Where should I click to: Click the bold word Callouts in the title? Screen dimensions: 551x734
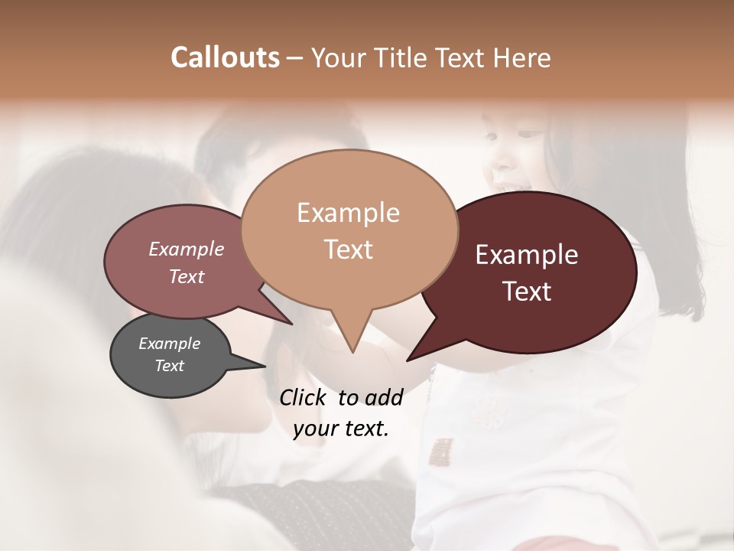[x=225, y=57]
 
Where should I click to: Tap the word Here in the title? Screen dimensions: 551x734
[x=523, y=57]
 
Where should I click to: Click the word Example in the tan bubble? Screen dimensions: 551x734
[x=348, y=213]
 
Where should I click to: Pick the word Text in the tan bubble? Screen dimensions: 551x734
[x=348, y=249]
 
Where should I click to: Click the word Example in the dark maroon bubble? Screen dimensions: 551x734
[x=527, y=255]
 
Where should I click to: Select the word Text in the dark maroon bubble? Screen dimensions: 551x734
[x=527, y=292]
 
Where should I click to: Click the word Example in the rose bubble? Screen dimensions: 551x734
[x=187, y=249]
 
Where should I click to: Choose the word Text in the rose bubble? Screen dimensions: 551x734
[x=187, y=276]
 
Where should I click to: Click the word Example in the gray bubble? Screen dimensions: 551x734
[x=169, y=344]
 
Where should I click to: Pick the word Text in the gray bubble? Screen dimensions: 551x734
[x=169, y=366]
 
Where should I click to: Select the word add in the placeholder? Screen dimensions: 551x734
[x=383, y=398]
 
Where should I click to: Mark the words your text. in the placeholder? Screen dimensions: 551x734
[x=341, y=429]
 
